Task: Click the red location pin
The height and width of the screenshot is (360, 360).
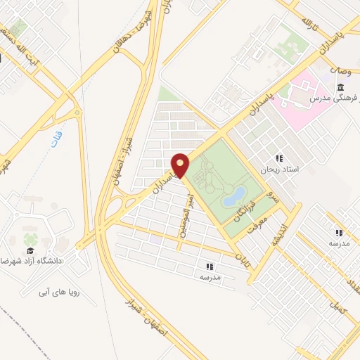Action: pos(180,164)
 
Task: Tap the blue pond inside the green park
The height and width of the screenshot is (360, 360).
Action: pos(233,196)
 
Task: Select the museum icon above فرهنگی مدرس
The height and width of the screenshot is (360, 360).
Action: pos(340,87)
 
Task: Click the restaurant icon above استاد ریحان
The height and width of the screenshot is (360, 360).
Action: pos(279,158)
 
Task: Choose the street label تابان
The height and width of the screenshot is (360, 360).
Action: pos(241,254)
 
